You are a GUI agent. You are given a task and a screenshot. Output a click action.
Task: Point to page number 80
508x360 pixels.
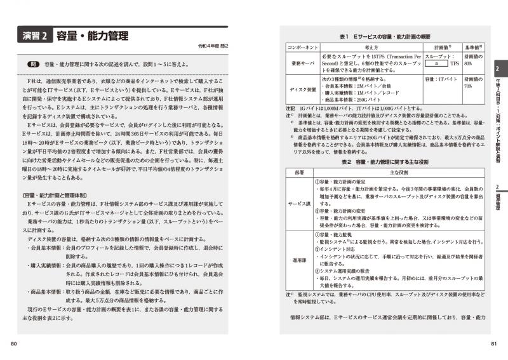14,344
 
